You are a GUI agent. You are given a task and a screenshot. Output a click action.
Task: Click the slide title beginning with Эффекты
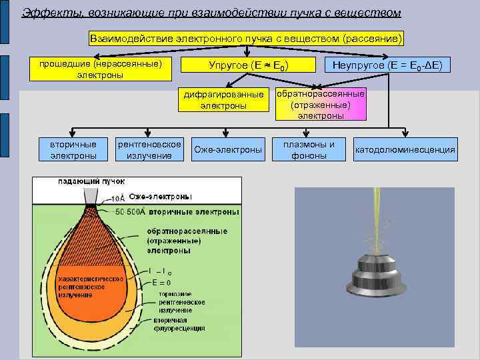(x=211, y=13)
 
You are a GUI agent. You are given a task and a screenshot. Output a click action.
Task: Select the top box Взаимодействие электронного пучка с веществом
(x=247, y=39)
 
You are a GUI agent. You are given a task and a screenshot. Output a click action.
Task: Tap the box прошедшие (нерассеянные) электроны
(x=100, y=69)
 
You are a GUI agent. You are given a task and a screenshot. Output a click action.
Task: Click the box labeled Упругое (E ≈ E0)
(x=248, y=65)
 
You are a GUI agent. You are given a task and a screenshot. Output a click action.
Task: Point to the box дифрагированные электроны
(x=223, y=100)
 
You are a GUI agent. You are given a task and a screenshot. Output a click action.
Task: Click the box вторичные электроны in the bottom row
(x=73, y=150)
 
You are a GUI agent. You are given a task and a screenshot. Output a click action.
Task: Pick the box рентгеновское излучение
(x=149, y=150)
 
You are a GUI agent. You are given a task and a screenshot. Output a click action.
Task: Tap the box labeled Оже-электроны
(x=227, y=150)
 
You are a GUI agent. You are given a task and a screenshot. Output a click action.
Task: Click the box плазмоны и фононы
(x=309, y=150)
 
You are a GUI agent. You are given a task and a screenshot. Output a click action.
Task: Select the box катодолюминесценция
(x=405, y=150)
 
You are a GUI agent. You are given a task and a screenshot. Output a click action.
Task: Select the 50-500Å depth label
(x=131, y=212)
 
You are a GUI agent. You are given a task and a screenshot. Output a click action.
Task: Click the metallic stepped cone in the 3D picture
(x=375, y=277)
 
